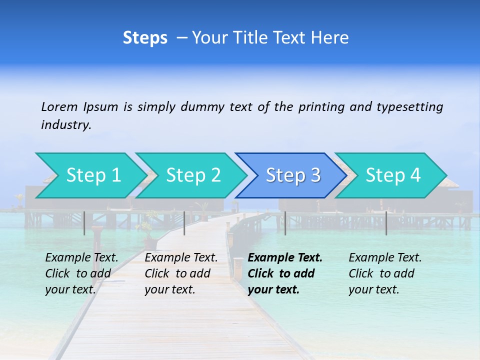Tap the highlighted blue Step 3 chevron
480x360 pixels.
click(293, 175)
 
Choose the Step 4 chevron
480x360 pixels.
click(393, 175)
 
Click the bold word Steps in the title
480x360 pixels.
click(145, 38)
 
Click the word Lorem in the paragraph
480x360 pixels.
click(59, 106)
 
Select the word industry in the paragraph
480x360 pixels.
click(65, 125)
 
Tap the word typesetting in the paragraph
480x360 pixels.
click(409, 106)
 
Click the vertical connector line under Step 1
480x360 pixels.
click(84, 223)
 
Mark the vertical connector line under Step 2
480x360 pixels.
click(184, 223)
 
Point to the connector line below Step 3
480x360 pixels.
click(285, 223)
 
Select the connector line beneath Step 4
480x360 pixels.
click(386, 223)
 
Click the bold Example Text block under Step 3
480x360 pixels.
click(285, 273)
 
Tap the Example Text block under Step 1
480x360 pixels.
click(81, 273)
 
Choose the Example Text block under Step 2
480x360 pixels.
click(181, 273)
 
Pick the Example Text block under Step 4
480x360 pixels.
click(385, 273)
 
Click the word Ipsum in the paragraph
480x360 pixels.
click(100, 106)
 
